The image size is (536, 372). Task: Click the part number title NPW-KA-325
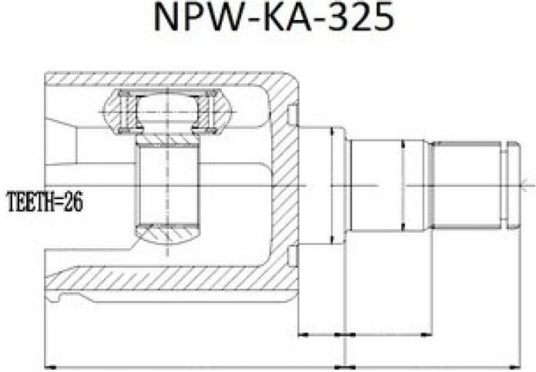click(274, 17)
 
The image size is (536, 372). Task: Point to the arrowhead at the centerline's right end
click(525, 186)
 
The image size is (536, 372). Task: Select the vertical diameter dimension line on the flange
click(331, 186)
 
